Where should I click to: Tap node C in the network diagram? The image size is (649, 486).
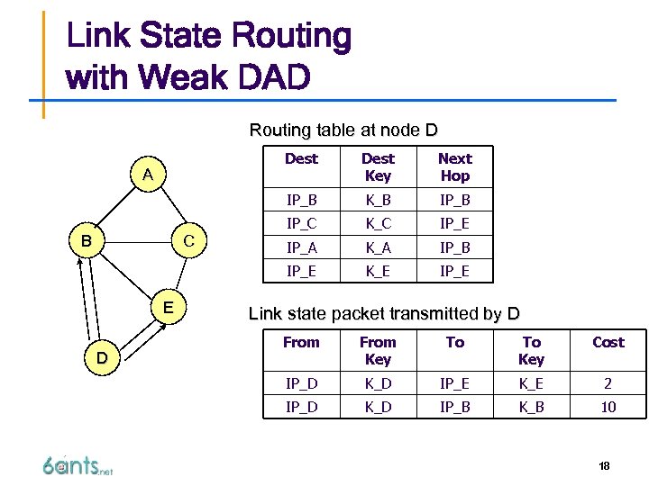pyautogui.click(x=189, y=241)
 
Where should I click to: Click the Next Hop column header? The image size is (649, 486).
pyautogui.click(x=454, y=167)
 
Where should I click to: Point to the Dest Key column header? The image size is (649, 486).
pyautogui.click(x=378, y=167)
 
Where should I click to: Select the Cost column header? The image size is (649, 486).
pyautogui.click(x=608, y=342)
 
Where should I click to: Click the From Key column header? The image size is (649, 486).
pyautogui.click(x=378, y=351)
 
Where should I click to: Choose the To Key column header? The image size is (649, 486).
pyautogui.click(x=531, y=351)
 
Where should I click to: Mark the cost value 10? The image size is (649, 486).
pyautogui.click(x=608, y=408)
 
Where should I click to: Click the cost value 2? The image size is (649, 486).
pyautogui.click(x=608, y=383)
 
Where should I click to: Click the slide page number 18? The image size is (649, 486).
pyautogui.click(x=604, y=466)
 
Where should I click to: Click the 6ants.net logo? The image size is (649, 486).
pyautogui.click(x=78, y=465)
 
